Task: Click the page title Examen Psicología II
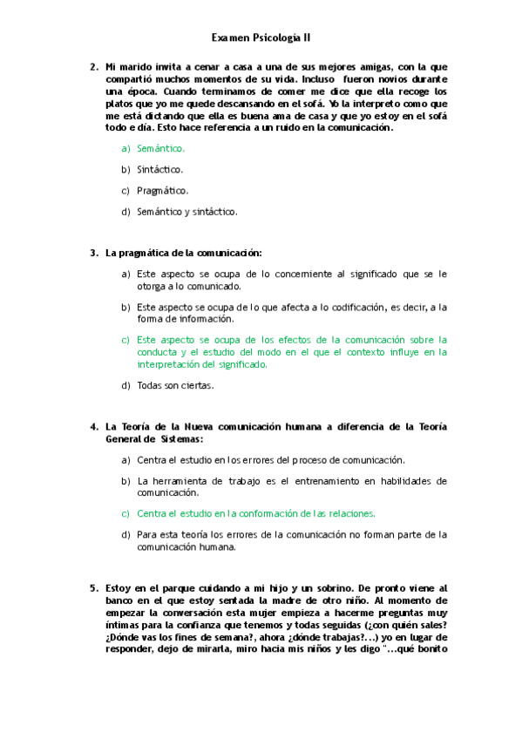click(x=261, y=38)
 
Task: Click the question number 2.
click(x=93, y=66)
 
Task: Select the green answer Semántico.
click(x=161, y=149)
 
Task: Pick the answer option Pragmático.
click(x=162, y=190)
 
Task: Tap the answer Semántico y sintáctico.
click(x=186, y=211)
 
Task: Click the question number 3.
click(x=93, y=253)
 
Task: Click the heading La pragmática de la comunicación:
click(x=183, y=253)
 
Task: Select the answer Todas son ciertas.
click(x=175, y=385)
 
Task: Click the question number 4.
click(x=93, y=427)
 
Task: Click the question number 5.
click(x=93, y=588)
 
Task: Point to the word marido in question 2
click(x=135, y=66)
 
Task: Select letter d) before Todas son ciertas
click(x=125, y=385)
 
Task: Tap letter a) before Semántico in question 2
click(x=125, y=149)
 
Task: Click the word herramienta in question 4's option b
click(x=186, y=480)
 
